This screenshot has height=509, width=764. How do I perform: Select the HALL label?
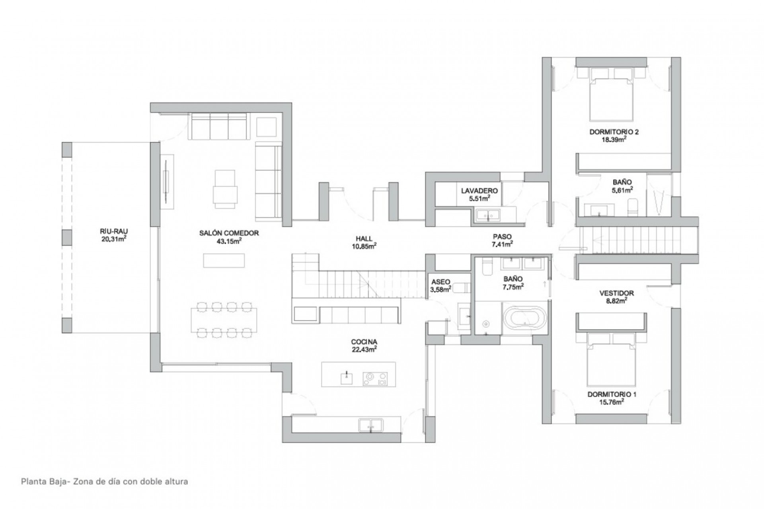364,239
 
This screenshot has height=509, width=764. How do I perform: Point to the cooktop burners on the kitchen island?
375,378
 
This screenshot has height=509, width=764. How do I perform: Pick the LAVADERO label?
479,191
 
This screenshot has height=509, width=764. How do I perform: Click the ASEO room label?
440,282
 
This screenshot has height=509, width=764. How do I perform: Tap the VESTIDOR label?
616,293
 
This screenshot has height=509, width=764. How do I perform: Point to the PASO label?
502,237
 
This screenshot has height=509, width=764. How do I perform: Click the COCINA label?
364,342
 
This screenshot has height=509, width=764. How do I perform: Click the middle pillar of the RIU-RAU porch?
67,237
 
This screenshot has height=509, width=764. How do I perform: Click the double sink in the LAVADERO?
488,215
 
